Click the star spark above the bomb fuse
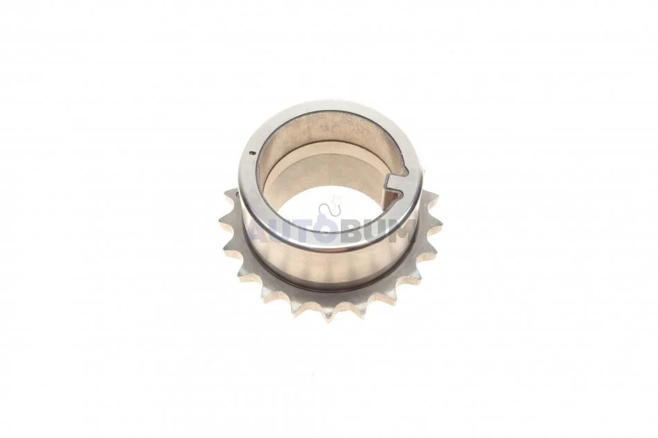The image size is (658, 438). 335,197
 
